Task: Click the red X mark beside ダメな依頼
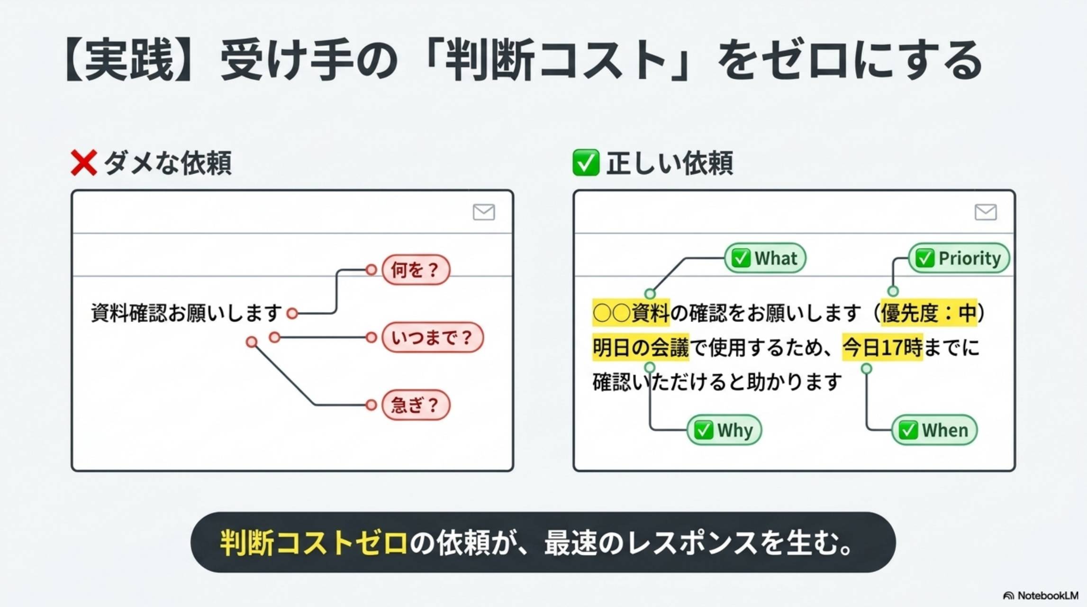(x=84, y=163)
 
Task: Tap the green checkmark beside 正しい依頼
(x=586, y=163)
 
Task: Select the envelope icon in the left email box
(x=484, y=212)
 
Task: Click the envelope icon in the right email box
(x=986, y=212)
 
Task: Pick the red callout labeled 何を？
(x=416, y=270)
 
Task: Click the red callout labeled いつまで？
(x=432, y=338)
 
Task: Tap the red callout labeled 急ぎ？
(x=416, y=405)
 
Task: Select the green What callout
(x=765, y=258)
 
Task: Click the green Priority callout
(x=959, y=258)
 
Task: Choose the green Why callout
(x=724, y=430)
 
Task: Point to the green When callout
(x=934, y=430)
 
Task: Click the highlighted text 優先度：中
(x=929, y=313)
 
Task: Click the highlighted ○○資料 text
(x=631, y=313)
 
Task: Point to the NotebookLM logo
(x=1041, y=596)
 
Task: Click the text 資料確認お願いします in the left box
(x=187, y=313)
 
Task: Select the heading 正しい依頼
(x=669, y=163)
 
